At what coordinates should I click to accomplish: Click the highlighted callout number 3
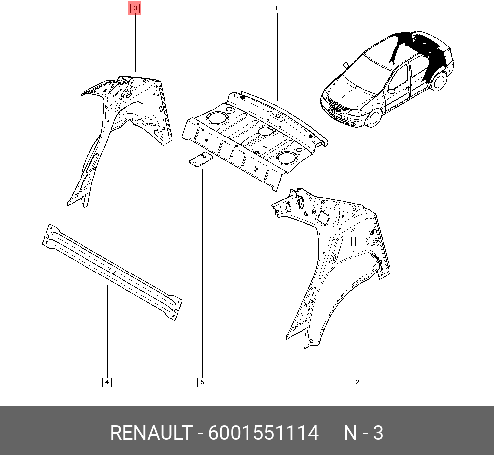tap(135, 8)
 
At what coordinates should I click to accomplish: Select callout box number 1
tap(276, 8)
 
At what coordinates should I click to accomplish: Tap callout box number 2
tap(357, 382)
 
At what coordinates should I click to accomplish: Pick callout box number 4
tap(107, 382)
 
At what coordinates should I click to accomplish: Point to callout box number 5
tap(202, 382)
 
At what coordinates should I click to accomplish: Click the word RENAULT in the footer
tap(151, 433)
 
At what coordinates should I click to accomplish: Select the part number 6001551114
tap(263, 433)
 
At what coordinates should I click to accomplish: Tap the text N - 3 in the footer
tap(363, 433)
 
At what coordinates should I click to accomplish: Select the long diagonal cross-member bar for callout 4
tap(112, 272)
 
